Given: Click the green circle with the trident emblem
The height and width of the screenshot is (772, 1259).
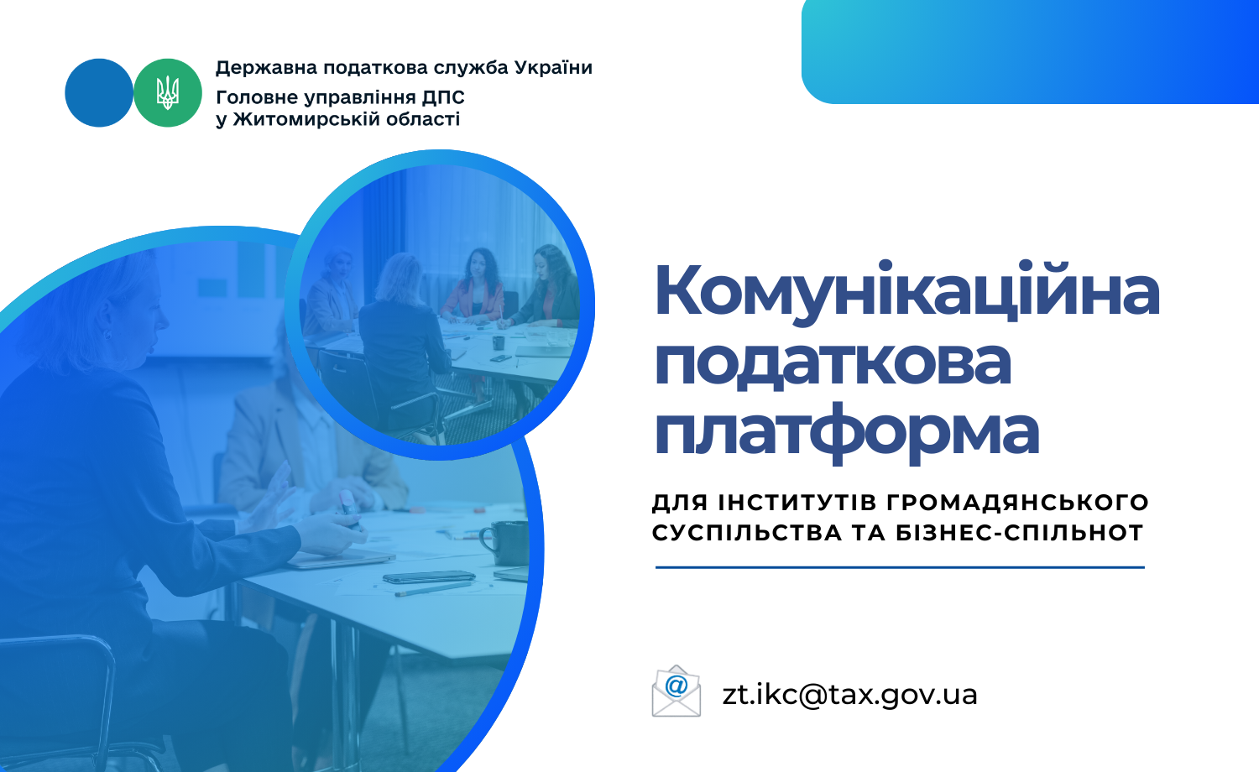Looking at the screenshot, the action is point(168,92).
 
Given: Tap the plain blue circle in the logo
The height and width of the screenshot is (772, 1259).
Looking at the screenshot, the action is point(99,92).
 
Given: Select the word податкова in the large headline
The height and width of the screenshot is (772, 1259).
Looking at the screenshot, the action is point(833,363).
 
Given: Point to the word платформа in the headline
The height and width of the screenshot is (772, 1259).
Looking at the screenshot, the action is point(846,434).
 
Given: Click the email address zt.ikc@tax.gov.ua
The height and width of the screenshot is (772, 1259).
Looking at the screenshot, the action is point(849,695).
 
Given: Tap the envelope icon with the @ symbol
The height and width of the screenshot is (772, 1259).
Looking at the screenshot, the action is point(677,691).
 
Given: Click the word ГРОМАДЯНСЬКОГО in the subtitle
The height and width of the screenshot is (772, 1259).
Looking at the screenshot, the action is point(1018,502).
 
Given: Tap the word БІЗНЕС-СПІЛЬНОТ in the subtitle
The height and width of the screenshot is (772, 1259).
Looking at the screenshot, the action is point(1020,532).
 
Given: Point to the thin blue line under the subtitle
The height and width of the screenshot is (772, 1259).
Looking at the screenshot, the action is point(900,567).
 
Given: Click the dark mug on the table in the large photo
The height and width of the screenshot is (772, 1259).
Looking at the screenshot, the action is point(504,542).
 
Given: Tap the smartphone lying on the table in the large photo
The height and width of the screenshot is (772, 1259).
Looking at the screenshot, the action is point(429,577).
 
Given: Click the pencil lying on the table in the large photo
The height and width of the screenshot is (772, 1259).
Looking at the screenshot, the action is point(433,589).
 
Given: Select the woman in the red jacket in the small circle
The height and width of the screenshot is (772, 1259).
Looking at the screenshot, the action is point(473,286).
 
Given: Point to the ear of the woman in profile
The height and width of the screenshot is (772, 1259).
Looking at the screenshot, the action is point(106,335).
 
